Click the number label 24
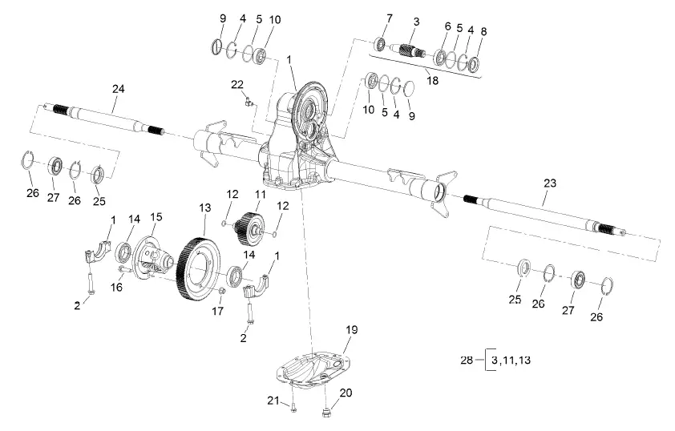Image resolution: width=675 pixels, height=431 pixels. [118, 89]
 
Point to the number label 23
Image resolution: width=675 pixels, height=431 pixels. [549, 183]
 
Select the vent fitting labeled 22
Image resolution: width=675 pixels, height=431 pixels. [247, 99]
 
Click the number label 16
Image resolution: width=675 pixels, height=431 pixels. [117, 287]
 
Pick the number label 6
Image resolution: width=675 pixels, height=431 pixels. [447, 26]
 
